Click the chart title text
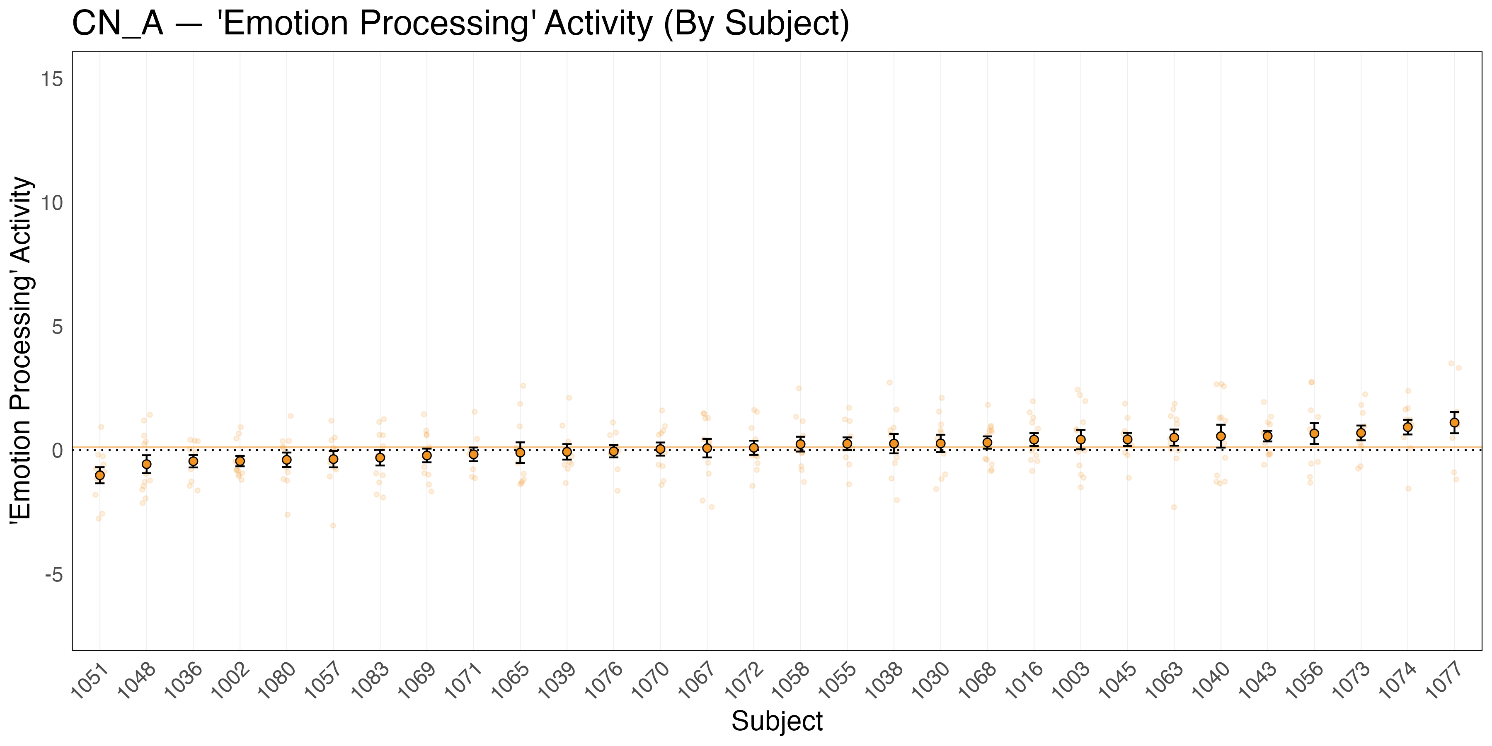460,24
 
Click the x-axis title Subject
776,721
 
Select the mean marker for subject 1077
1454,422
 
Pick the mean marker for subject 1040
1221,436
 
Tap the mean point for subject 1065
520,452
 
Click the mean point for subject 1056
1314,433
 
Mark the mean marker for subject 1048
147,464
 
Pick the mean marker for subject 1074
1407,427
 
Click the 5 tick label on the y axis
57,327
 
